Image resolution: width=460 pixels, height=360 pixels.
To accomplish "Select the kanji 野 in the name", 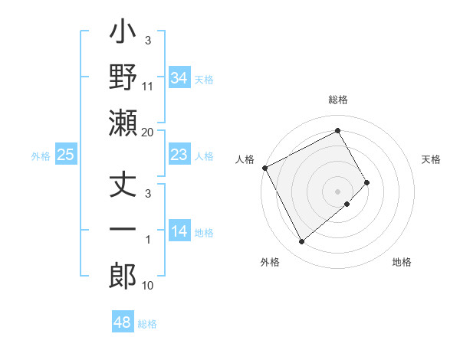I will click(123, 77).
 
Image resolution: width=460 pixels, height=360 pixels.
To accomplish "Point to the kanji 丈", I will click(123, 186).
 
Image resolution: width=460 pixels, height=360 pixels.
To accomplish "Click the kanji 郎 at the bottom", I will click(123, 277).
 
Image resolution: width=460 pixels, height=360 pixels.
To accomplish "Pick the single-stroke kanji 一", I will click(123, 231).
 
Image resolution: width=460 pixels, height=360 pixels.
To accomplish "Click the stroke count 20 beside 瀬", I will click(147, 133).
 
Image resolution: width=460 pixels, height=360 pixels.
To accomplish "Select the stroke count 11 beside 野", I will click(148, 87).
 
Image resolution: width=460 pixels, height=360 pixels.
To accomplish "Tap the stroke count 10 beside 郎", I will click(148, 286).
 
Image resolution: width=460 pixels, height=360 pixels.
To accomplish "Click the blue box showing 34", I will click(179, 77).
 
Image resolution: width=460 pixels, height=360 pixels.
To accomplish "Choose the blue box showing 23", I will click(179, 155).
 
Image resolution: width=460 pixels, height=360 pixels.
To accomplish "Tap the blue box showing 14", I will click(179, 232).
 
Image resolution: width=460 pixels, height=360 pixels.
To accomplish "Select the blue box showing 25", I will click(65, 155).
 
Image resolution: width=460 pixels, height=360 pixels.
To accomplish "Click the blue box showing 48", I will click(122, 322).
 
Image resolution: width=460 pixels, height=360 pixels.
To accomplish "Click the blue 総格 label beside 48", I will click(147, 324).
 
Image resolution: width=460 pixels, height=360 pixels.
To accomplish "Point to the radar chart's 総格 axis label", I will click(338, 100).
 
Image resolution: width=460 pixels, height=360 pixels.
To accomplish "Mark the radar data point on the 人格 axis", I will click(264, 168).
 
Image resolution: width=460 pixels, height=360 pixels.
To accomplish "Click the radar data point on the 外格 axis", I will click(301, 241).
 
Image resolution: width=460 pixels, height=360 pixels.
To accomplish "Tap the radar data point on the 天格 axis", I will click(367, 182).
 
